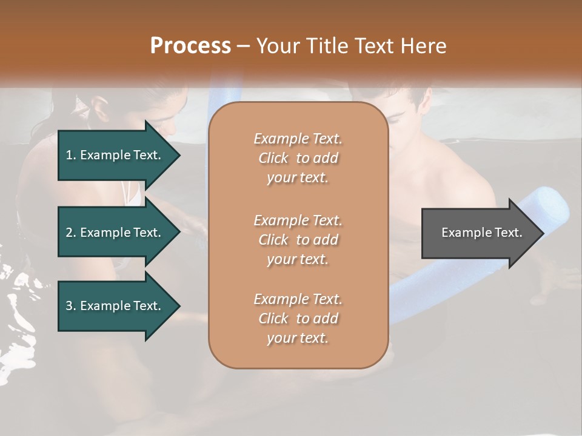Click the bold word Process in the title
190,45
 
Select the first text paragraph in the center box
298,158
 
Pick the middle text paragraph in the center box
298,239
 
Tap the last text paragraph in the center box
298,319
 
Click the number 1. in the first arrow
71,155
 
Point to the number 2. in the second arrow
71,233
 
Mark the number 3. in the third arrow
71,306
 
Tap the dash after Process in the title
243,46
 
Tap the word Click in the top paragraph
273,158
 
